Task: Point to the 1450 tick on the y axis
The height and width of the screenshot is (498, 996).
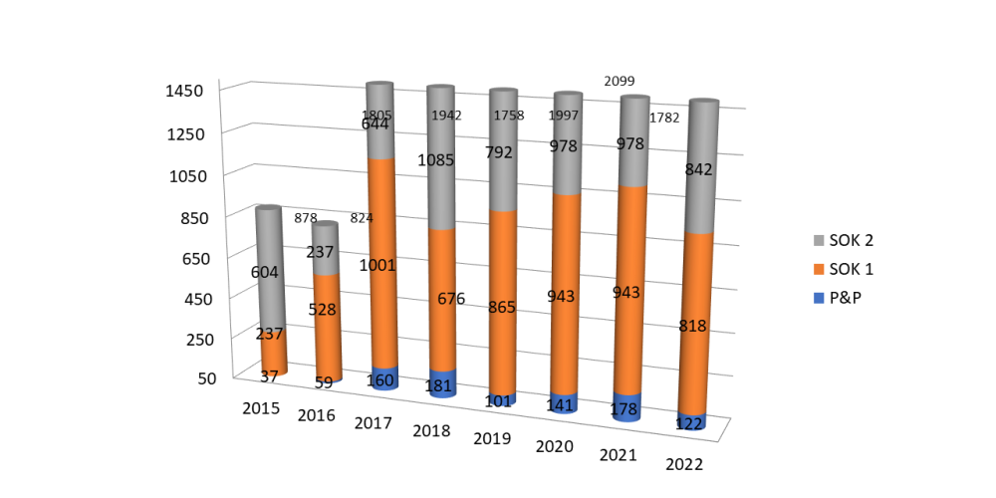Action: [184, 91]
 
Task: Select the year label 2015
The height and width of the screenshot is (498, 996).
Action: [262, 408]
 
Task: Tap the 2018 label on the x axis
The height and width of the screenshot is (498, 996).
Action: [430, 431]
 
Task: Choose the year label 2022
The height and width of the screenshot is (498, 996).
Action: [685, 464]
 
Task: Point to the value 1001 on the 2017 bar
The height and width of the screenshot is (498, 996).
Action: [378, 265]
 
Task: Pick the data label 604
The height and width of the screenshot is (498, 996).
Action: [264, 272]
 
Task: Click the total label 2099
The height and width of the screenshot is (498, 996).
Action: [619, 81]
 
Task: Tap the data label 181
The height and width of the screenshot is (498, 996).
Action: [439, 385]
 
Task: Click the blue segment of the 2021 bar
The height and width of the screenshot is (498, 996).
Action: [626, 405]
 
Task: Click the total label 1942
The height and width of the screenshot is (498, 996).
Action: [446, 116]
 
